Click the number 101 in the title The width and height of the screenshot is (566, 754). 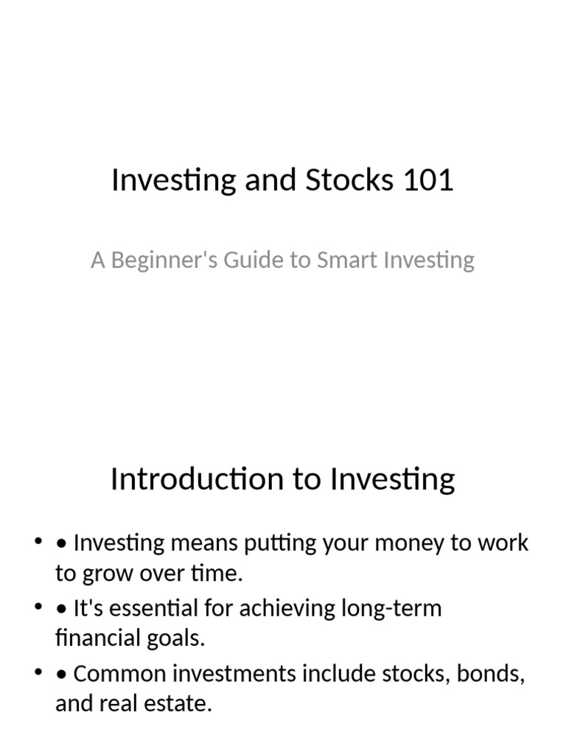(428, 180)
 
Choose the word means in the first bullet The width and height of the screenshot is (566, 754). (203, 543)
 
